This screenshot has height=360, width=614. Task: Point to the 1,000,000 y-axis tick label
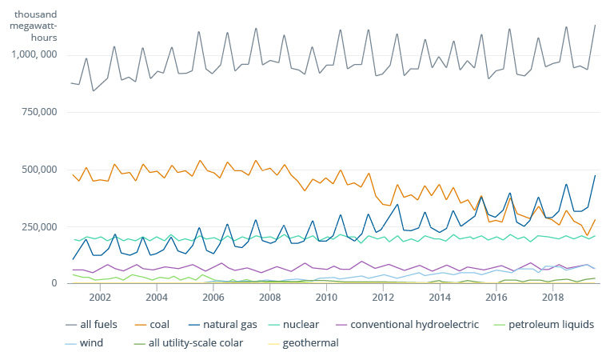(x=34, y=54)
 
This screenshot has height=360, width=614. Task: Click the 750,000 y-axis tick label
(x=39, y=112)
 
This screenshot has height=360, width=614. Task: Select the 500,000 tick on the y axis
(x=39, y=170)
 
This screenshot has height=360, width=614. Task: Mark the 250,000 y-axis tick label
(x=39, y=226)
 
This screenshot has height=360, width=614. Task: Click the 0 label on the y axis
(x=55, y=283)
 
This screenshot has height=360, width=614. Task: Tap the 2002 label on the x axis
(x=100, y=298)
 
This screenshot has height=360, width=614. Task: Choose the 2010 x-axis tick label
(x=326, y=298)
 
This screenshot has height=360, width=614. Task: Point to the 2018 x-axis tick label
(x=552, y=298)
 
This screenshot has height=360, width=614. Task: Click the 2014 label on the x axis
(x=440, y=298)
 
